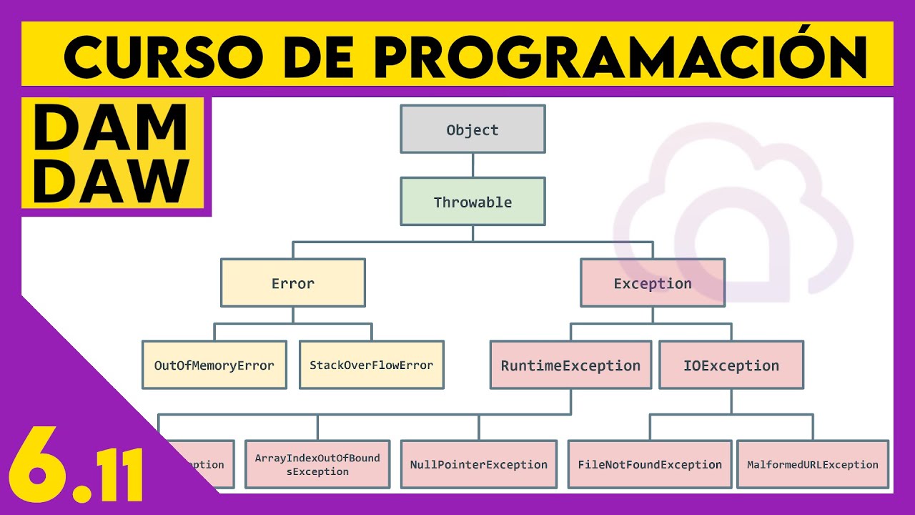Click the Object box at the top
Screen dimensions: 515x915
[473, 129]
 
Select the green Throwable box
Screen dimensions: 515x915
[473, 202]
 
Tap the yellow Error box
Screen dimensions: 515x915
[293, 283]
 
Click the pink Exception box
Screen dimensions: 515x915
[653, 283]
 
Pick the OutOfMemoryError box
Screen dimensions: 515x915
[214, 365]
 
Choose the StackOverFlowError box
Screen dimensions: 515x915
[371, 365]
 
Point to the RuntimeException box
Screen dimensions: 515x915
[570, 366]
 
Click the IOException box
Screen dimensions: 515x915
[731, 366]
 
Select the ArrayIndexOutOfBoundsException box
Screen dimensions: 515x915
[317, 464]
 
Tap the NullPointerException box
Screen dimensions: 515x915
[479, 464]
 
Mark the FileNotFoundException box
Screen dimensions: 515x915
[650, 464]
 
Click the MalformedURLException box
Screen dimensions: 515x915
[813, 464]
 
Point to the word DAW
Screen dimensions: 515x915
[112, 180]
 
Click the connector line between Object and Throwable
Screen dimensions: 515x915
[473, 165]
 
